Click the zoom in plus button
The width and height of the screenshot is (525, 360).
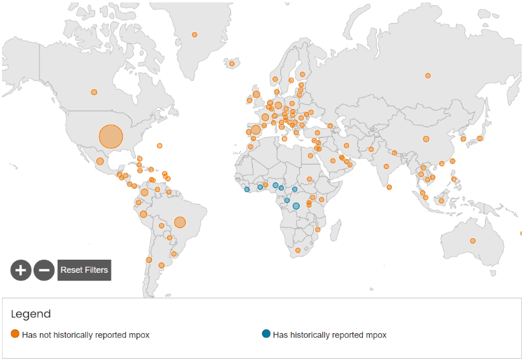click(21, 270)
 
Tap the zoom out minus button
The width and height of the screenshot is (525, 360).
click(44, 270)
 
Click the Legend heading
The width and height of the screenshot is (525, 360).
click(30, 314)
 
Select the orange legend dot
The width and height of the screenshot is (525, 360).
click(15, 334)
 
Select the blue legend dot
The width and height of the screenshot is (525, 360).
click(266, 334)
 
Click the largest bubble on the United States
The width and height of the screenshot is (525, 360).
click(111, 136)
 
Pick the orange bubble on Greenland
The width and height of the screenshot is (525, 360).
click(194, 35)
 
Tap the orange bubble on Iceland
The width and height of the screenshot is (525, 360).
click(232, 64)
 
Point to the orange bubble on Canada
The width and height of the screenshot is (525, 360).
click(94, 92)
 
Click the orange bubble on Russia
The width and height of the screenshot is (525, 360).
click(428, 75)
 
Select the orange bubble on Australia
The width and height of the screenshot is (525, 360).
click(472, 241)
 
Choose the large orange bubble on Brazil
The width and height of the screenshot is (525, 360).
click(180, 222)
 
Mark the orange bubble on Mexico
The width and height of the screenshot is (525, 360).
click(100, 161)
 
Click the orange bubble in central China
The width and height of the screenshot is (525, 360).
click(426, 139)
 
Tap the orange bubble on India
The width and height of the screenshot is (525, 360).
click(387, 167)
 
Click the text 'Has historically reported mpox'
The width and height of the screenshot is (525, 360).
click(329, 335)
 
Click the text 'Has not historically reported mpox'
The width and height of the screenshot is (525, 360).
click(86, 335)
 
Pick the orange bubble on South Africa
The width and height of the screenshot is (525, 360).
click(298, 250)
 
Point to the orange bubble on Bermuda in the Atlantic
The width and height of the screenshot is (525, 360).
click(159, 146)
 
